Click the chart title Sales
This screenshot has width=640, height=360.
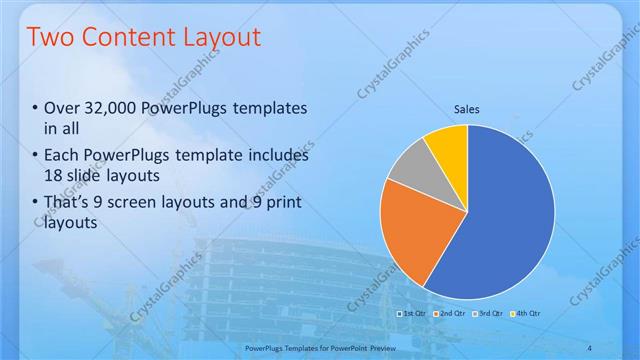click(467, 107)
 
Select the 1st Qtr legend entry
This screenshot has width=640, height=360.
click(413, 313)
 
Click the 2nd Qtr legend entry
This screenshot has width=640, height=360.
click(450, 313)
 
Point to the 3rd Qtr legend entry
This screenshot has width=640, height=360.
click(487, 313)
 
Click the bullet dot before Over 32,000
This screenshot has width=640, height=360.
click(35, 108)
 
